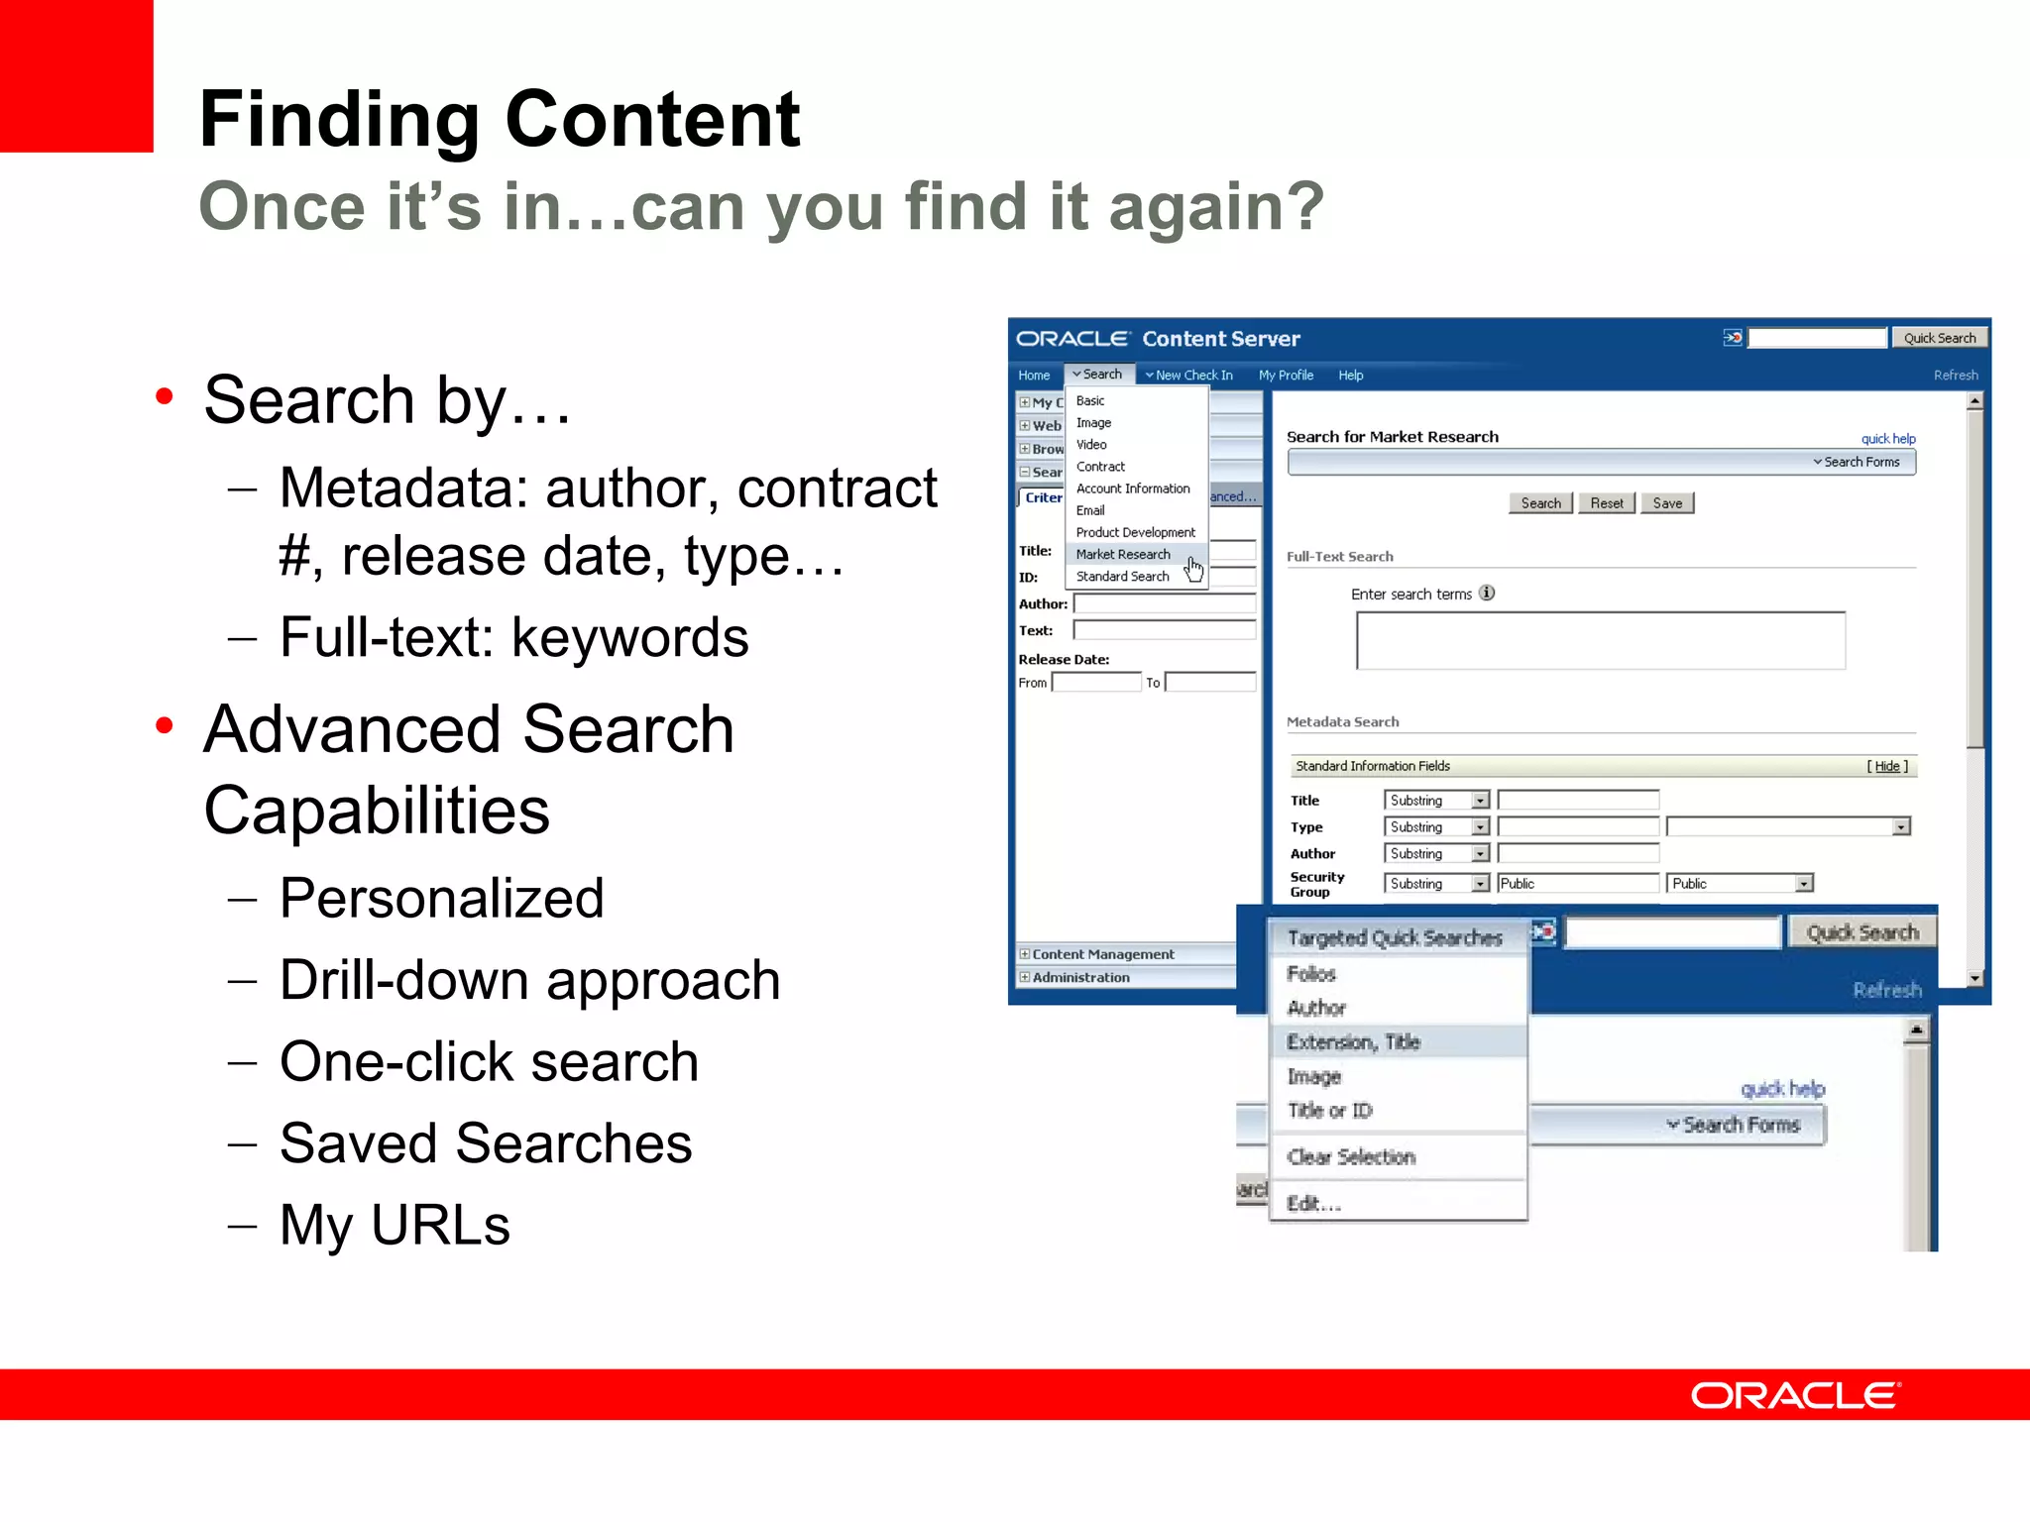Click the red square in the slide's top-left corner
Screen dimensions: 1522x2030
pos(75,75)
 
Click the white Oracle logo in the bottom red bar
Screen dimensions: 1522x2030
pos(1794,1395)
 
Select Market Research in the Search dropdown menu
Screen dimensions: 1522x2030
pos(1122,555)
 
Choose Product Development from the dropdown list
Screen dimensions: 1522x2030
pos(1135,532)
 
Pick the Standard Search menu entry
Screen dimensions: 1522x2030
pos(1122,577)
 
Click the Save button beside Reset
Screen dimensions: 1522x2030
pos(1667,503)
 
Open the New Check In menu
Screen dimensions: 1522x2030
pos(1189,376)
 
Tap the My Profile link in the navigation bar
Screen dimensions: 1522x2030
pos(1286,376)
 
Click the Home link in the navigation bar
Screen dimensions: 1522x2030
pos(1034,376)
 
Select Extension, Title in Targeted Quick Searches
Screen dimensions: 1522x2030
pos(1353,1041)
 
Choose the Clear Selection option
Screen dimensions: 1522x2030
pos(1351,1156)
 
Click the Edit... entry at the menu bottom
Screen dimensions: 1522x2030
pos(1313,1203)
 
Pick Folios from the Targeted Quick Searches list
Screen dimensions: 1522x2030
pos(1311,974)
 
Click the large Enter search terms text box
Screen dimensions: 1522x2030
pos(1600,641)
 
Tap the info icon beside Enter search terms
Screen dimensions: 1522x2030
pos(1487,594)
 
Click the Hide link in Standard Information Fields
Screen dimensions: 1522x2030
pos(1887,766)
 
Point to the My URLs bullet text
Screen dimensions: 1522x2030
pos(395,1225)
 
